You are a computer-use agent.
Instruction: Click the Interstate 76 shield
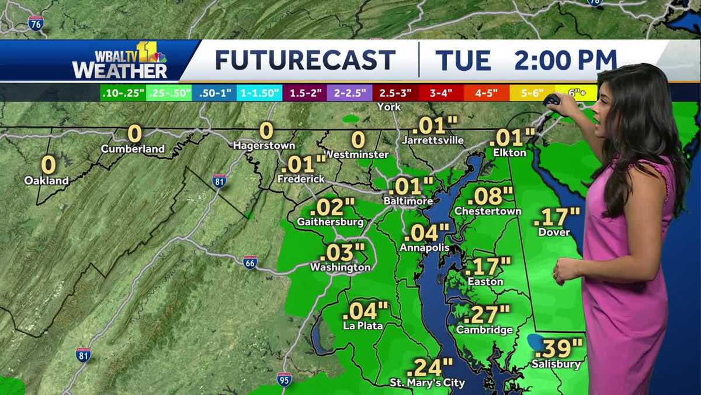[36, 23]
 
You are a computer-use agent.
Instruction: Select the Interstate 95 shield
[284, 379]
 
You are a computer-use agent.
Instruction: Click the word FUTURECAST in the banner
[305, 60]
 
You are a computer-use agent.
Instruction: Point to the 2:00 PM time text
[565, 60]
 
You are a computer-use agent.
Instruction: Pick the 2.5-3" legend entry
[395, 92]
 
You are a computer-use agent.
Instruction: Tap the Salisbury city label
[556, 365]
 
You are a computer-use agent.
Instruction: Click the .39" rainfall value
[559, 348]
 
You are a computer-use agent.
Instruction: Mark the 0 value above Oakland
[48, 165]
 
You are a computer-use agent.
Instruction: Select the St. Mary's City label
[428, 383]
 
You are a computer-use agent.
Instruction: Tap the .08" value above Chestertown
[490, 195]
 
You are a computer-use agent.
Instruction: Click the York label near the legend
[389, 107]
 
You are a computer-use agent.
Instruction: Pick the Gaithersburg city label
[330, 222]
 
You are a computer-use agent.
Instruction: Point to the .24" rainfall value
[429, 367]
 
